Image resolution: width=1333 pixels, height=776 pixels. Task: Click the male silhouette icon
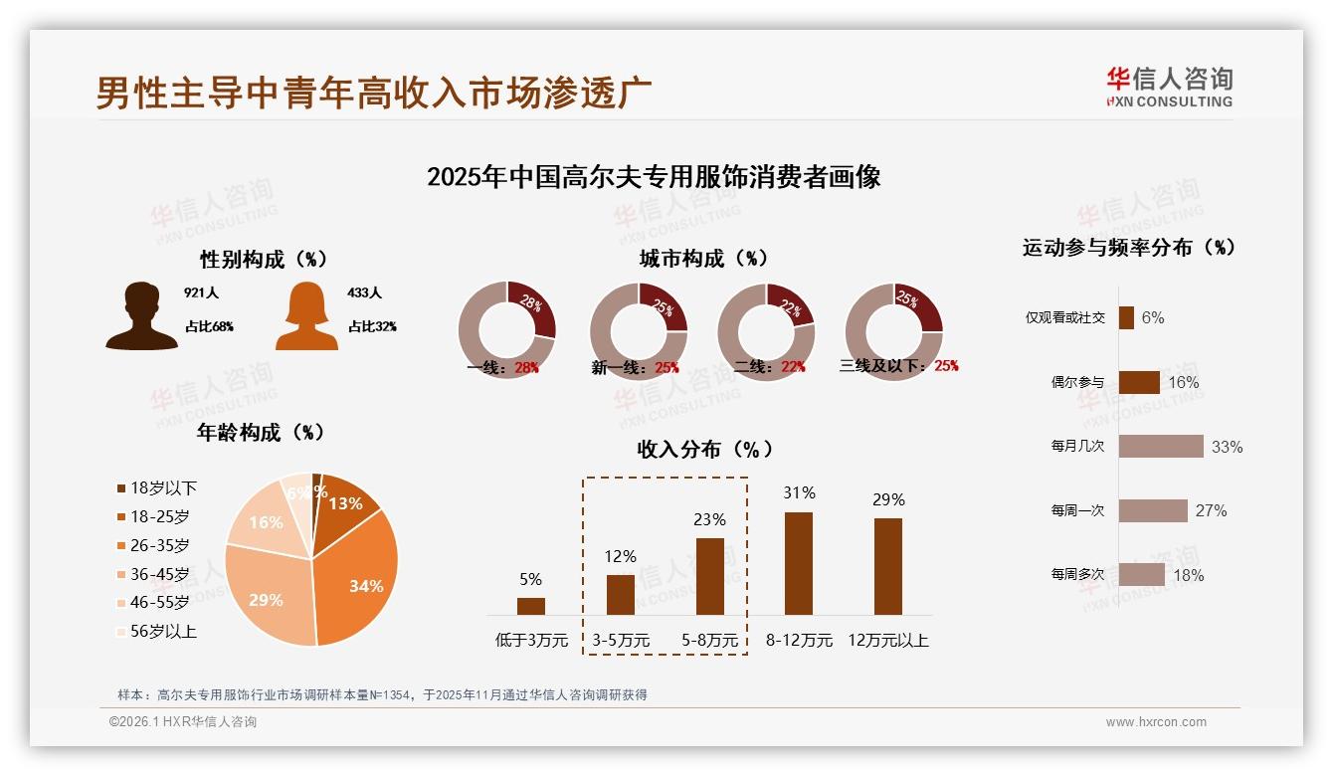141,315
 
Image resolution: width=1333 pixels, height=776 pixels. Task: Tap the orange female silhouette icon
306,315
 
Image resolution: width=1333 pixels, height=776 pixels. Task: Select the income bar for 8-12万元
798,563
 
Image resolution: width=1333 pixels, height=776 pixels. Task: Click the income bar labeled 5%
530,606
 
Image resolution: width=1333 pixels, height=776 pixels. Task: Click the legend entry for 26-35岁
159,545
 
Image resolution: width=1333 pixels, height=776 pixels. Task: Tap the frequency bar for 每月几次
1160,447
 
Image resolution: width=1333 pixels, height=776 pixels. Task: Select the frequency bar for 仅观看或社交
1126,317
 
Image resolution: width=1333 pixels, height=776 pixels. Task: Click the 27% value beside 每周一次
1211,510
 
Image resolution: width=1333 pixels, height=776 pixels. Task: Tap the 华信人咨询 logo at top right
1169,87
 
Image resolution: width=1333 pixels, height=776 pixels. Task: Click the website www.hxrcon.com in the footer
1155,722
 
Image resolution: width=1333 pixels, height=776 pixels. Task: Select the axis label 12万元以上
887,641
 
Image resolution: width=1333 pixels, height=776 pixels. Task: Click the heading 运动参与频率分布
1128,247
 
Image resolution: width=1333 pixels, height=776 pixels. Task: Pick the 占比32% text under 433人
372,326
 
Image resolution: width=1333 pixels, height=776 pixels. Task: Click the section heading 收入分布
704,449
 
